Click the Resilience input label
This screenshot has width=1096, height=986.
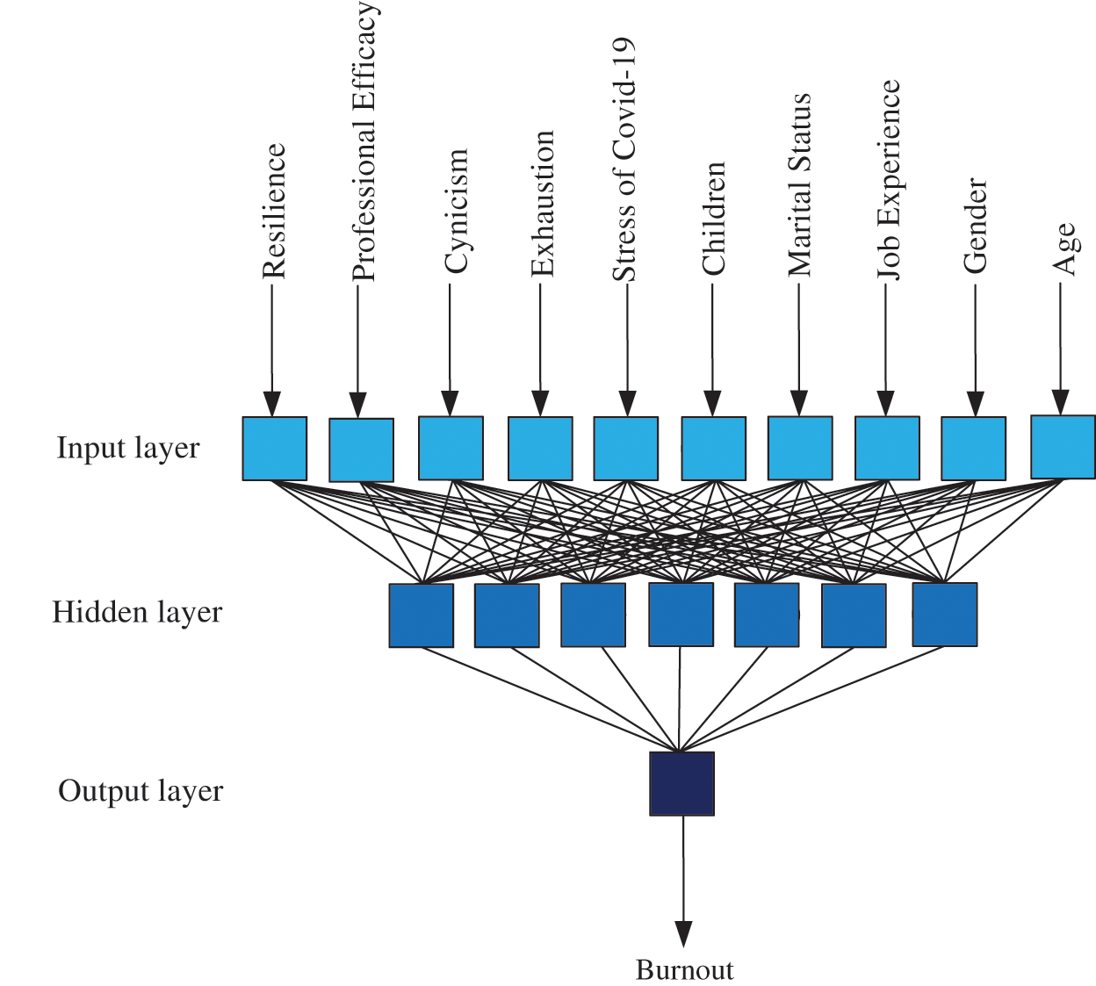[275, 212]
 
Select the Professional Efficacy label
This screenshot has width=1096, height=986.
[364, 142]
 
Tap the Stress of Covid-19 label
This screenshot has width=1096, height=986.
[623, 160]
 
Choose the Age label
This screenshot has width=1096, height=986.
[1064, 249]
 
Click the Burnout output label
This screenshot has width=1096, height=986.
[684, 970]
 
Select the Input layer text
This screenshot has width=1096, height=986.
[128, 448]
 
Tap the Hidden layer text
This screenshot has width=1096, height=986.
[137, 612]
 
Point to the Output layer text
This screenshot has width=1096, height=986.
[141, 791]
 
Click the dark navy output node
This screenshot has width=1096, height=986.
[681, 783]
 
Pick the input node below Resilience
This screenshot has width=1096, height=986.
[275, 449]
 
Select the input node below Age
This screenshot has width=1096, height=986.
[1063, 446]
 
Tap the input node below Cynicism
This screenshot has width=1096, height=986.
[451, 448]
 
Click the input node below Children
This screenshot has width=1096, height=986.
[713, 449]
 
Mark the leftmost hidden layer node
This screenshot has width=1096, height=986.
[422, 615]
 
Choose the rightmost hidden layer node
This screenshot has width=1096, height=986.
[945, 615]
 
